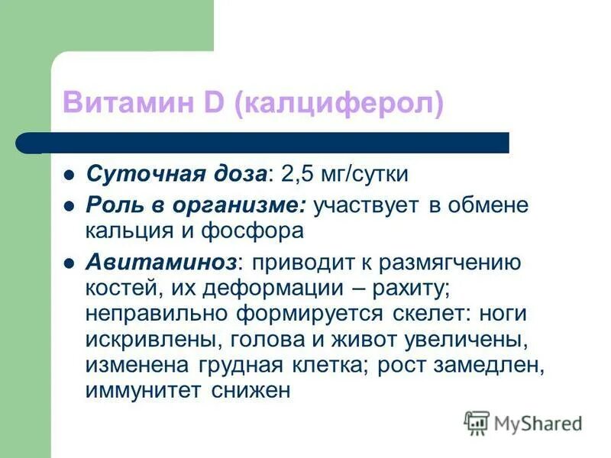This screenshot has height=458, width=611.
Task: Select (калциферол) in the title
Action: pos(338,104)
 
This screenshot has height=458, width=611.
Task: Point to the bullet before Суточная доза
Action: pos(69,175)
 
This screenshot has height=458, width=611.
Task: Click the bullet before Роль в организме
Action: pos(69,206)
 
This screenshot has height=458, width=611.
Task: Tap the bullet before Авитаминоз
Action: pos(69,263)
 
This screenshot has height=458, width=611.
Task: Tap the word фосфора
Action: pos(261,230)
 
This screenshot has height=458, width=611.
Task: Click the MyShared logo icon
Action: pos(477,422)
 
